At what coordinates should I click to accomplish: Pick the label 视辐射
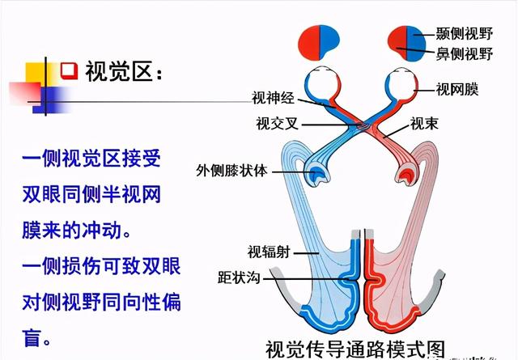[x=267, y=252]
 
